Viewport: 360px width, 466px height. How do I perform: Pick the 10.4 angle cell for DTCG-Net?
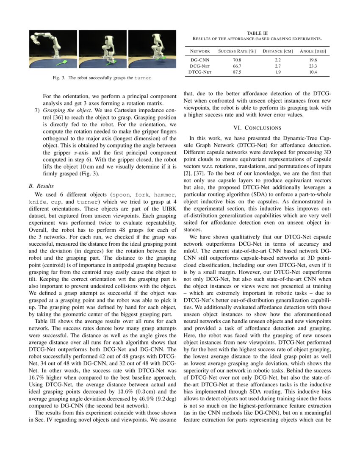click(313, 72)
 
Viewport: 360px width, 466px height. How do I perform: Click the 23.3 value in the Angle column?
click(313, 67)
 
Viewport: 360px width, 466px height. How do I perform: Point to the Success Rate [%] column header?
click(237, 51)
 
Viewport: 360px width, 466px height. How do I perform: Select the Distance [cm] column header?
click(278, 51)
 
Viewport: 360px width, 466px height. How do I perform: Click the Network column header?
click(199, 51)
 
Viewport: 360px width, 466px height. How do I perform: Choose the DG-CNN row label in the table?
click(199, 61)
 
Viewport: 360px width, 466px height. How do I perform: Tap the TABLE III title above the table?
click(257, 33)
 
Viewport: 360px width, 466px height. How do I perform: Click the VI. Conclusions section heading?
click(257, 128)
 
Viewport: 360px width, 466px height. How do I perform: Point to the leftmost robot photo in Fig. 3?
click(53, 50)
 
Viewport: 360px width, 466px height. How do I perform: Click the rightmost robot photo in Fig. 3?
click(152, 50)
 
